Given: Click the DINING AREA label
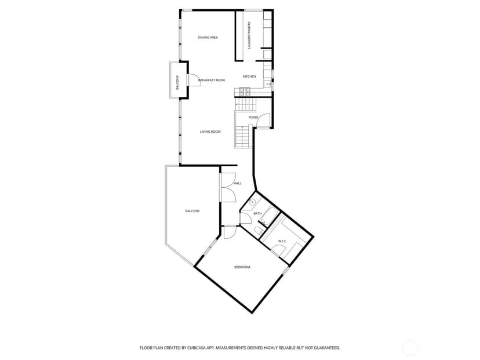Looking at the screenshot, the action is tap(208, 37).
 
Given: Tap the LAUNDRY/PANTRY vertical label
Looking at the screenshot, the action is tap(249, 35).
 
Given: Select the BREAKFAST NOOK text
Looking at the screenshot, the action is tap(212, 80).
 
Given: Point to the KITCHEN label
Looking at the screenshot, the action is tap(249, 77).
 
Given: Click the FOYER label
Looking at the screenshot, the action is tap(253, 117).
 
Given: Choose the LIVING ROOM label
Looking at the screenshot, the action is tap(210, 132).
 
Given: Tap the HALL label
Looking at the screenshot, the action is tap(238, 183).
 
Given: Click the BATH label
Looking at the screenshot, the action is tap(257, 213).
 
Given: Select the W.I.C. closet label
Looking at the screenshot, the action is tap(282, 242).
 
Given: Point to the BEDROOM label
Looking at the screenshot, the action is tap(242, 267).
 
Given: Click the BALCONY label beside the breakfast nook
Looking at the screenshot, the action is tap(177, 82).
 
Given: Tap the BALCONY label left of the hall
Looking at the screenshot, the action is tap(192, 211).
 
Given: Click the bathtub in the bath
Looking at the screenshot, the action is tap(270, 216).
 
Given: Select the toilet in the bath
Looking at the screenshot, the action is tap(259, 231).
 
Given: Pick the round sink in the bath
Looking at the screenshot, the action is tap(252, 202).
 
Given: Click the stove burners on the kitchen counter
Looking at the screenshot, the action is tap(245, 91).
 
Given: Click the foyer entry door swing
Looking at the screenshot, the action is tap(263, 121).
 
